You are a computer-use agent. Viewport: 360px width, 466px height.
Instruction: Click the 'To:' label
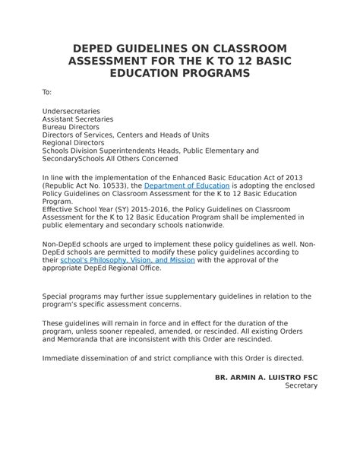coord(46,93)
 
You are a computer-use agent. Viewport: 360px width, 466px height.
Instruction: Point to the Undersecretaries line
coord(71,111)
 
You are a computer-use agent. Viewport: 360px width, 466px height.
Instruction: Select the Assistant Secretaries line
coord(77,119)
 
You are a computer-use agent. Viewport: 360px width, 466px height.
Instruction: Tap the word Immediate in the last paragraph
coord(62,357)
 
